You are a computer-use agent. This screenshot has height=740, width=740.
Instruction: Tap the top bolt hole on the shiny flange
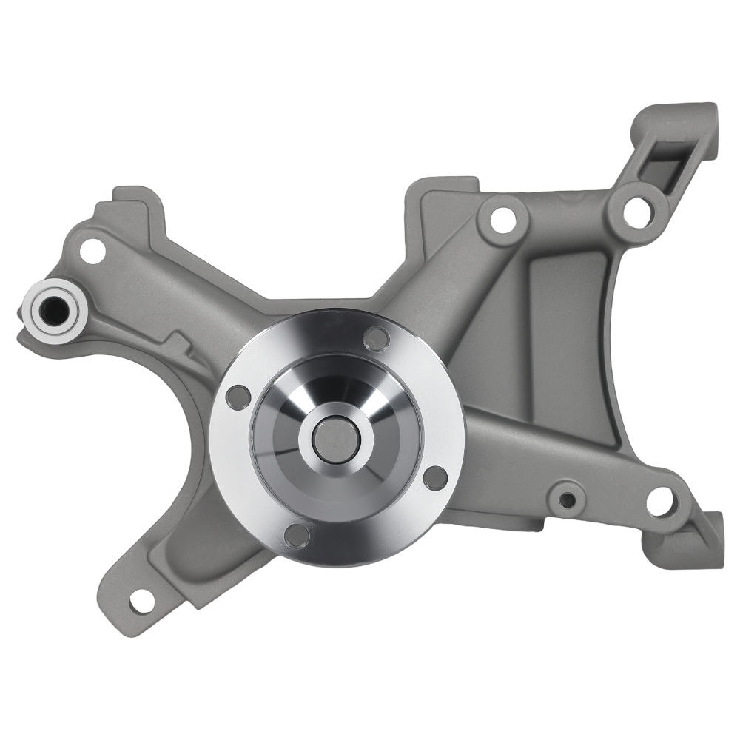[x=377, y=339]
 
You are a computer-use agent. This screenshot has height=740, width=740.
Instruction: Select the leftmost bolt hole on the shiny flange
[x=237, y=397]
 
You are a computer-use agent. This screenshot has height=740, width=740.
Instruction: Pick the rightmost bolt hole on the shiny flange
[x=435, y=477]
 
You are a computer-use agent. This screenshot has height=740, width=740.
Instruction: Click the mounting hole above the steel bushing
[x=92, y=250]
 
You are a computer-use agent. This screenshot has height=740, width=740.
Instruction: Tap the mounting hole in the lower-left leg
[x=141, y=602]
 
